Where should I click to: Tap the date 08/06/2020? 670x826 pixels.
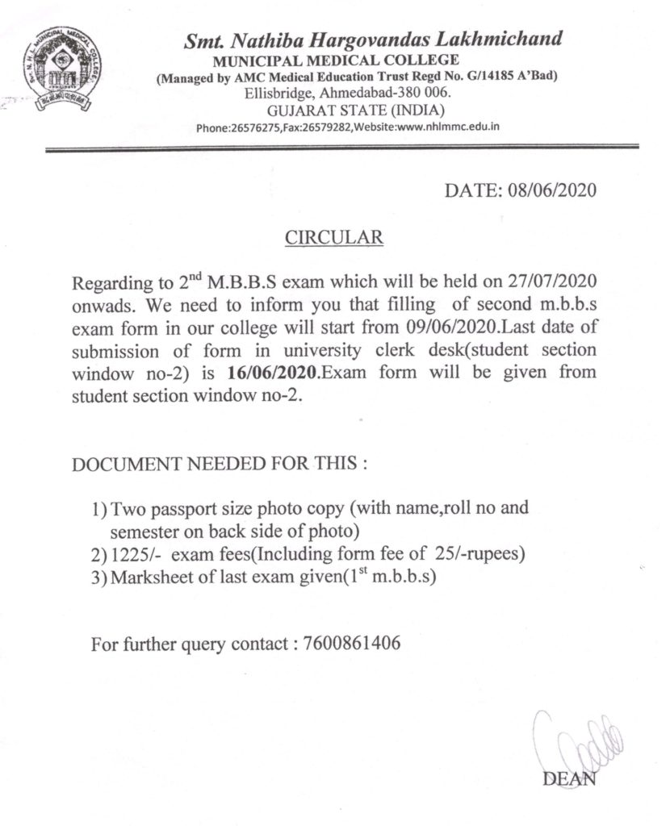[552, 191]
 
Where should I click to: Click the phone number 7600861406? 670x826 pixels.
[353, 645]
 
